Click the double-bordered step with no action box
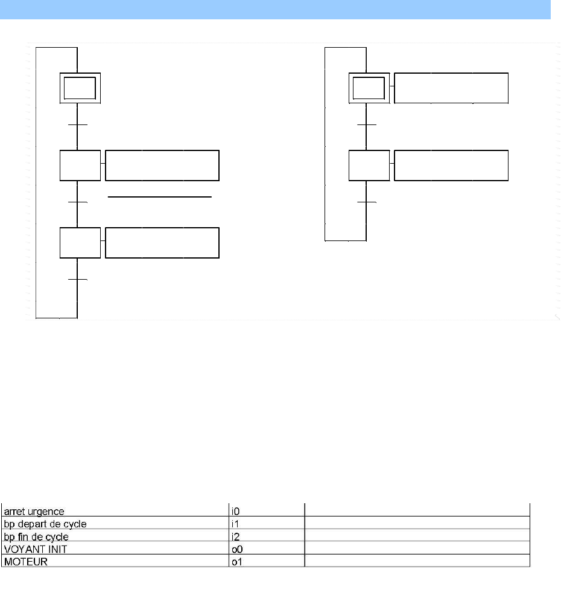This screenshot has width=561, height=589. tap(80, 88)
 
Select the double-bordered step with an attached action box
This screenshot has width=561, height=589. tap(369, 88)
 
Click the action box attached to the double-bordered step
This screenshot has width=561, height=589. tap(451, 88)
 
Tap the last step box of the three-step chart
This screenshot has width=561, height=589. tap(80, 243)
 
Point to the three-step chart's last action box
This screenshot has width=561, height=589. tap(162, 243)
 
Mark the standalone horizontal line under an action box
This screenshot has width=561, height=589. tap(160, 197)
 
